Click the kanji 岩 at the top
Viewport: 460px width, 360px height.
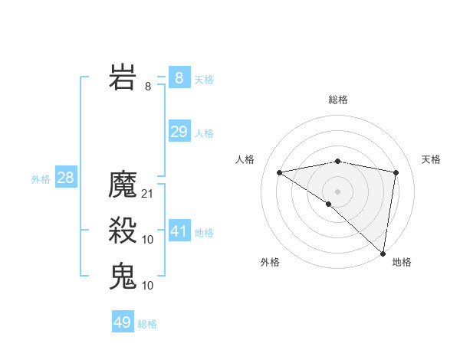tap(123, 78)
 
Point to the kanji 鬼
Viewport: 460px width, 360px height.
tap(123, 276)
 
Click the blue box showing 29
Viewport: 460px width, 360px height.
tap(179, 132)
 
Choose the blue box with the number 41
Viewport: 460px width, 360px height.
tap(179, 231)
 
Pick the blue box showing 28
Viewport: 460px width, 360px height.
tap(66, 178)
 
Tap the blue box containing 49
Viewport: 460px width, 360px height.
tap(123, 322)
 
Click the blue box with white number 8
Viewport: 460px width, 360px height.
tap(179, 78)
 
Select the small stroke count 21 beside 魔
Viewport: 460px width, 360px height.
tap(148, 194)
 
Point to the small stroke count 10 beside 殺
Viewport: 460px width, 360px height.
tap(148, 240)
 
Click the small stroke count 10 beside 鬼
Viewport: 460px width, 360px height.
tap(148, 285)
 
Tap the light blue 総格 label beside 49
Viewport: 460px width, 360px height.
tap(147, 324)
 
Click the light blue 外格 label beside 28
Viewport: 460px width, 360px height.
tap(41, 179)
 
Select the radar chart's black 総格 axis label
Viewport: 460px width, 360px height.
tap(337, 100)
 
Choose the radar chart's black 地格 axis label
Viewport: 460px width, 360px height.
tap(402, 262)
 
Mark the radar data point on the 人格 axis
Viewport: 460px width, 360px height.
tap(279, 172)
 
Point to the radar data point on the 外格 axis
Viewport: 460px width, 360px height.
tap(329, 204)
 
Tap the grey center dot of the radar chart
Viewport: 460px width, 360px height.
tap(337, 191)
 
